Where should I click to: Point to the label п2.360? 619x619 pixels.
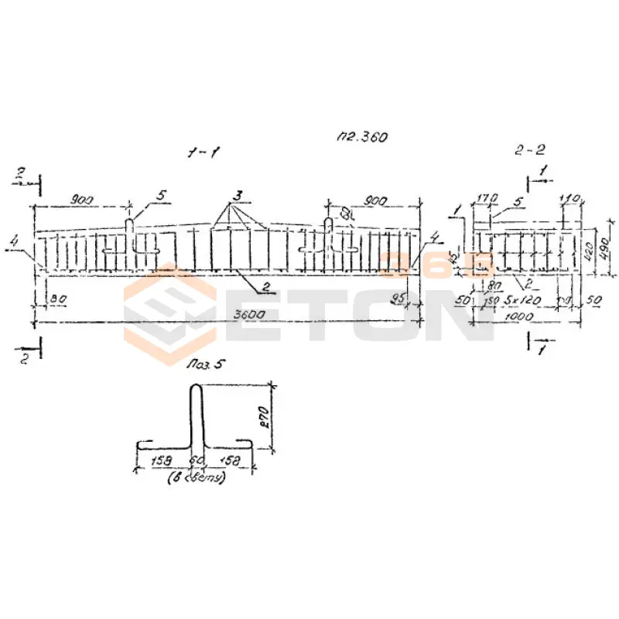(361, 137)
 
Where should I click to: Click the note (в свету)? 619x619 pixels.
(197, 479)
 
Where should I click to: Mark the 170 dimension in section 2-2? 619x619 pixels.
(487, 199)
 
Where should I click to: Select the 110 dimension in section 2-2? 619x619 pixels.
(571, 199)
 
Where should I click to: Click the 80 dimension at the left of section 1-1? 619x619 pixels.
(56, 297)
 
